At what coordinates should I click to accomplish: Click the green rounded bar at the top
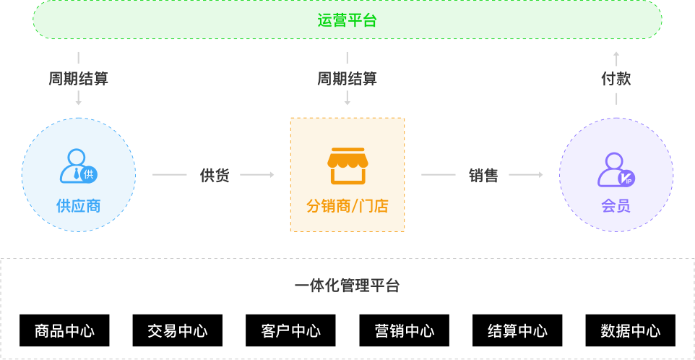(347, 20)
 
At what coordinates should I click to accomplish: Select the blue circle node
(79, 175)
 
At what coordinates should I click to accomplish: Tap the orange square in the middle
(347, 175)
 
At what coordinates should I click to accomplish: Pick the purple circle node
(616, 176)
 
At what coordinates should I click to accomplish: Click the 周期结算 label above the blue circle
(79, 79)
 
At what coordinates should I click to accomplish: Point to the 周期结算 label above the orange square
(347, 79)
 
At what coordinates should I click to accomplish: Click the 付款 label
(616, 79)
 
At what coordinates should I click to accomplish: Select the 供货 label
(215, 175)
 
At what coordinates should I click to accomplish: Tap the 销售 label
(483, 175)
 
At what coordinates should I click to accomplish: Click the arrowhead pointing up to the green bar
(616, 54)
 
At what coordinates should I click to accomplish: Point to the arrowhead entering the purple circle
(540, 175)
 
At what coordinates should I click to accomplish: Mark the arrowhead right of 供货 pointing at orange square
(272, 175)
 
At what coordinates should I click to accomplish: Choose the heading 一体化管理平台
(347, 286)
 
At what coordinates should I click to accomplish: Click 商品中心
(64, 331)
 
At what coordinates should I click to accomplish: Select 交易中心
(178, 331)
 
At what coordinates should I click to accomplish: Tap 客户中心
(290, 331)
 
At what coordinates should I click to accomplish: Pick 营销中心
(405, 331)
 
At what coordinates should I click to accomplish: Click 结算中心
(517, 331)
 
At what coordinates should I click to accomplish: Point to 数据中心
(631, 331)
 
